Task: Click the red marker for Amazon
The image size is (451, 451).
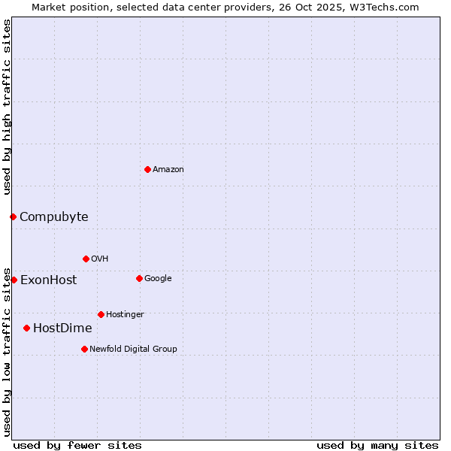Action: tap(147, 169)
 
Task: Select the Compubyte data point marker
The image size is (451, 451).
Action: tap(13, 216)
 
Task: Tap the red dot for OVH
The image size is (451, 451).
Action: tap(86, 259)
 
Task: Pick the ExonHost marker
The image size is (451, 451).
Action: tap(14, 280)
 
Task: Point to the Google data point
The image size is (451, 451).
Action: tap(139, 278)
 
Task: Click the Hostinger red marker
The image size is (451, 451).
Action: tap(101, 314)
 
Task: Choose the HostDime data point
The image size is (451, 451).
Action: tap(26, 328)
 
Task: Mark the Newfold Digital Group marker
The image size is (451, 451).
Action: tap(84, 349)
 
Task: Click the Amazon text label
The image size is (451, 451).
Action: tap(168, 170)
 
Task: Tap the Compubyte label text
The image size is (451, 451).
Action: tap(53, 217)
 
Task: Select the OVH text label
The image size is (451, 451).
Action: tap(100, 259)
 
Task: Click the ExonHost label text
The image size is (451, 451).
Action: tap(48, 280)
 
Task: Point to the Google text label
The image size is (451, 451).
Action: tap(158, 279)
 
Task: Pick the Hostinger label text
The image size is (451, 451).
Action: tap(125, 315)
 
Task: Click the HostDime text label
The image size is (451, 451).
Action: tap(62, 328)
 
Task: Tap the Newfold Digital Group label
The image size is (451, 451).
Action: tap(133, 350)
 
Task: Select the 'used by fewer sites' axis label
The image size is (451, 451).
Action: tap(77, 445)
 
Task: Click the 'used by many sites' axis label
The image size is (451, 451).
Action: tap(377, 445)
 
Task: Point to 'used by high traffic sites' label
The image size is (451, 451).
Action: tap(7, 107)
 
